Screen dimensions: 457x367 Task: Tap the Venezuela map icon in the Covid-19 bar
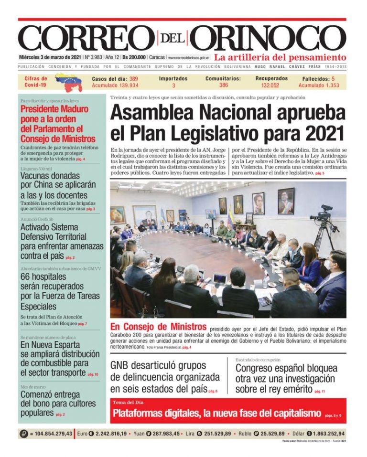click(69, 82)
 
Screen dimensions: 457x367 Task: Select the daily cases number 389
click(133, 78)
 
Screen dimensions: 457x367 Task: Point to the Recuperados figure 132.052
click(270, 85)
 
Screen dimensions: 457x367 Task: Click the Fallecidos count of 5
click(333, 78)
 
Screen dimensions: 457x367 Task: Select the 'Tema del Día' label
click(127, 402)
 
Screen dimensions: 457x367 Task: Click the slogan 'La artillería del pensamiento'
click(280, 57)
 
